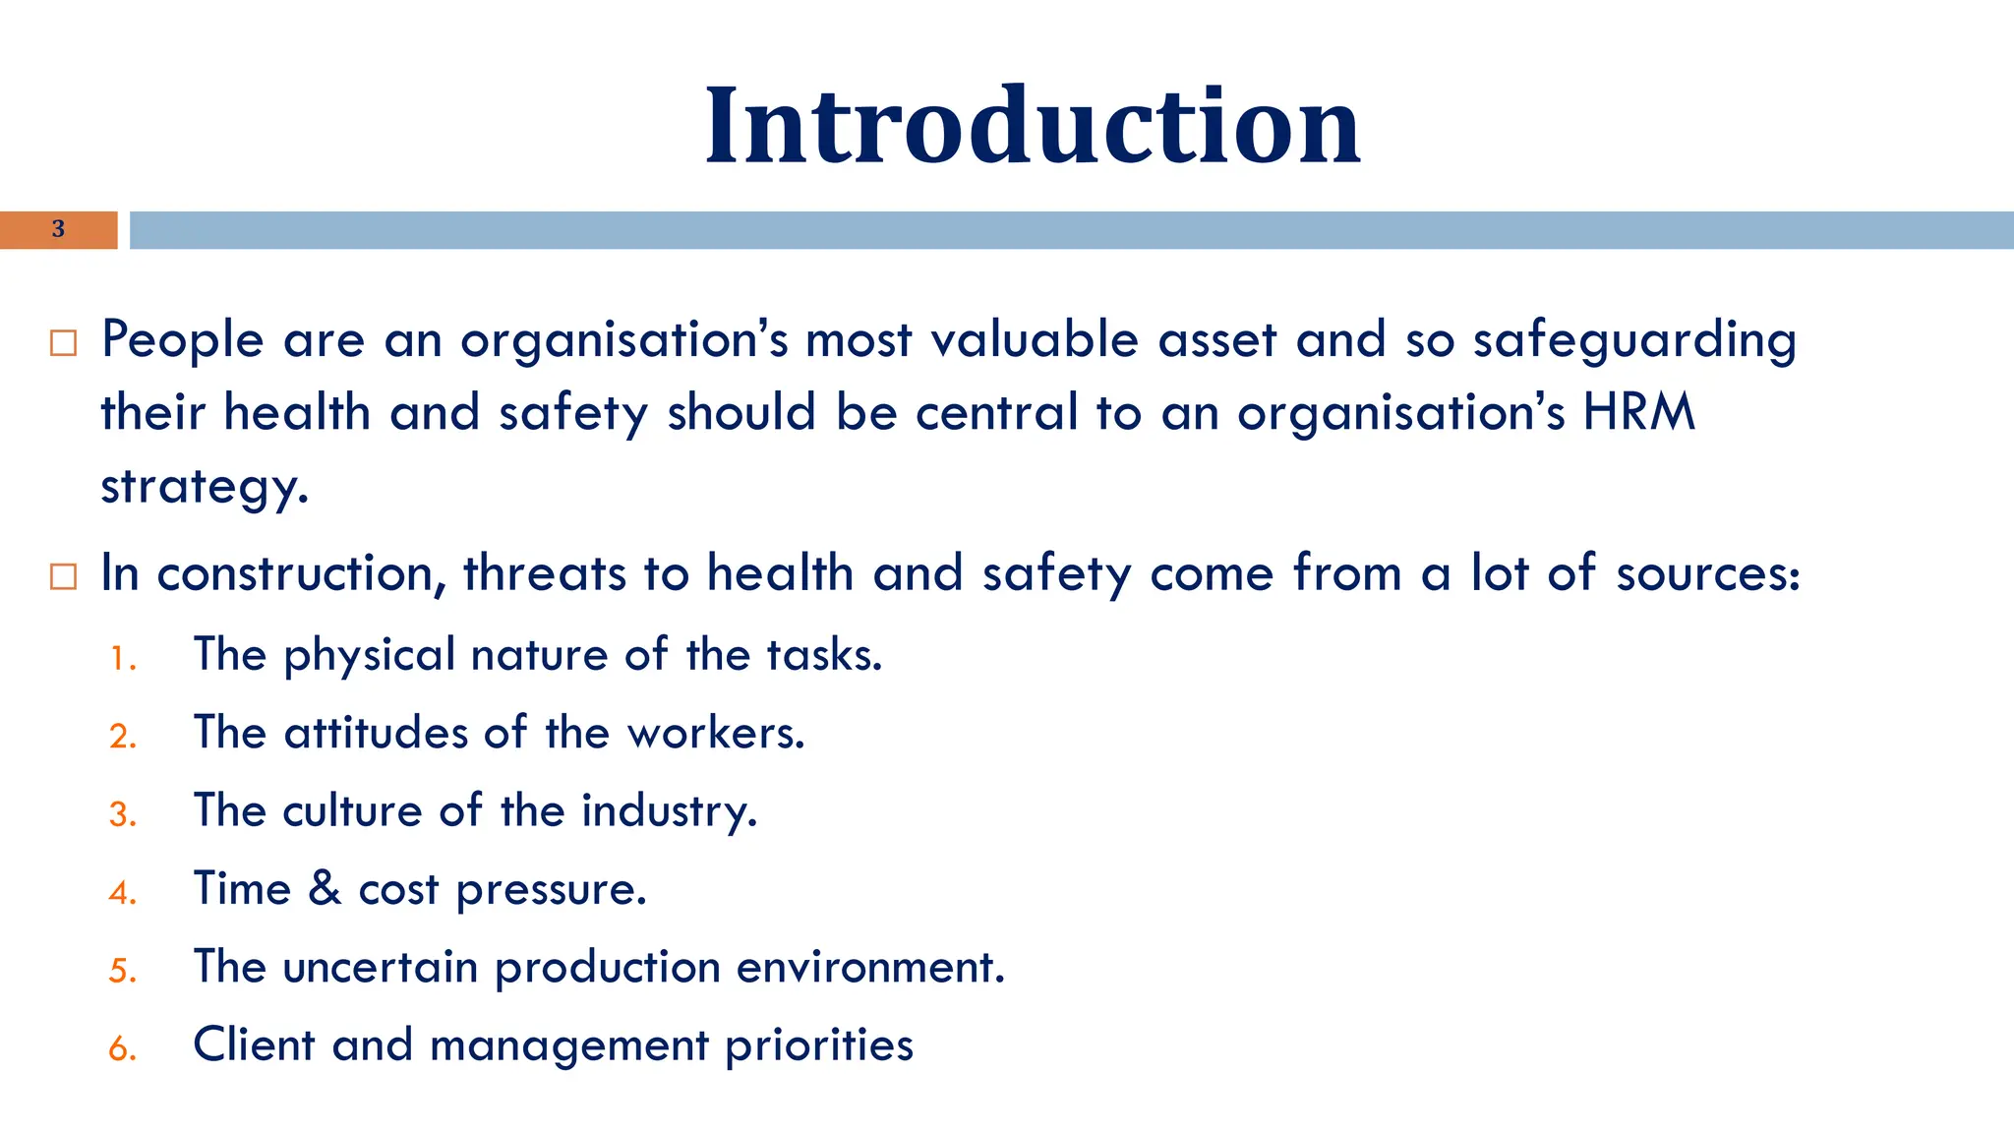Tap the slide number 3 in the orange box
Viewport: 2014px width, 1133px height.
[x=58, y=229]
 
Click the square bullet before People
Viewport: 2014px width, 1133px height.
[x=63, y=343]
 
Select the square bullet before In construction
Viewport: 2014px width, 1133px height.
[x=63, y=576]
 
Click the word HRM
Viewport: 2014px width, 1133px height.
[x=1639, y=412]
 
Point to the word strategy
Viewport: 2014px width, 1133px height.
[x=204, y=486]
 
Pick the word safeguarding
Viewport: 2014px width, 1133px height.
[x=1634, y=341]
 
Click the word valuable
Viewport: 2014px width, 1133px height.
[x=1034, y=339]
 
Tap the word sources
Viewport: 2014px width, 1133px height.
[x=1707, y=573]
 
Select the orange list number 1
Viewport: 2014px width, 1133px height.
[x=122, y=659]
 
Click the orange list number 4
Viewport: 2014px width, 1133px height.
[x=122, y=893]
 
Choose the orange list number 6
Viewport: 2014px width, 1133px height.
[x=122, y=1049]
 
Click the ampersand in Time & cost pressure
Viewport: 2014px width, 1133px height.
[x=325, y=888]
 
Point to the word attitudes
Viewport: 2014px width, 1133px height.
[x=376, y=733]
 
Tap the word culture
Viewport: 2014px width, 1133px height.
[x=352, y=810]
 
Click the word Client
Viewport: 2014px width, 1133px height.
[x=254, y=1044]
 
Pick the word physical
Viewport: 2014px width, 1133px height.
[x=369, y=656]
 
